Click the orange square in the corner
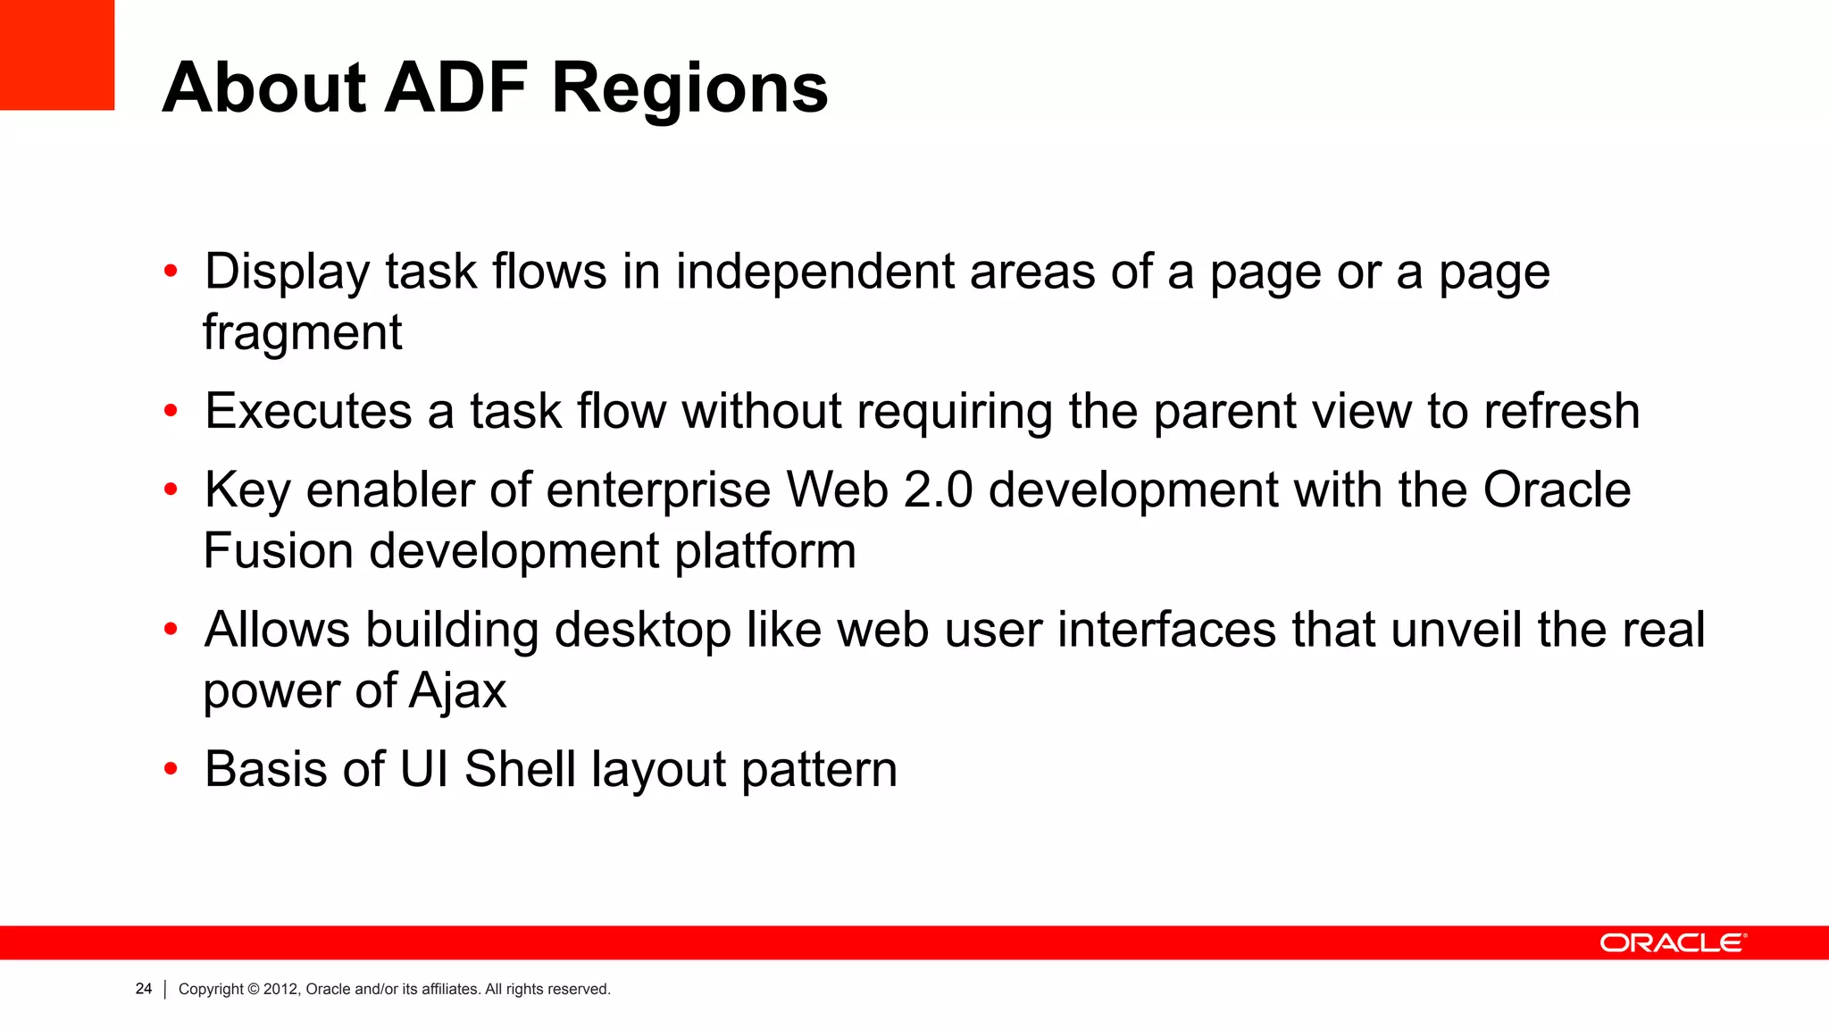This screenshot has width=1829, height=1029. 57,54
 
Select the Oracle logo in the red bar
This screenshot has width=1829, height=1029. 1672,943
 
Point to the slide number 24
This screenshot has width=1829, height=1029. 144,989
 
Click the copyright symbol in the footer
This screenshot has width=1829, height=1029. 254,989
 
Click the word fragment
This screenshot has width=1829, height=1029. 302,333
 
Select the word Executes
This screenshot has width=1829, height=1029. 308,411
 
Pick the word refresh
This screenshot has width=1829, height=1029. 1561,411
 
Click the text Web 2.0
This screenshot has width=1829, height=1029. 879,489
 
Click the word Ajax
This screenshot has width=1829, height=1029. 457,691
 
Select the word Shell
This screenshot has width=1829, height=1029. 520,769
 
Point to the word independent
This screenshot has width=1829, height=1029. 814,272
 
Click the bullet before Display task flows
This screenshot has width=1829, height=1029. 171,272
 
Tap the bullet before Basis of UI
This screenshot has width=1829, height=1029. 171,769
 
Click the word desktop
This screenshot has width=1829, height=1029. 642,630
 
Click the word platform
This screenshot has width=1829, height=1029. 765,550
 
